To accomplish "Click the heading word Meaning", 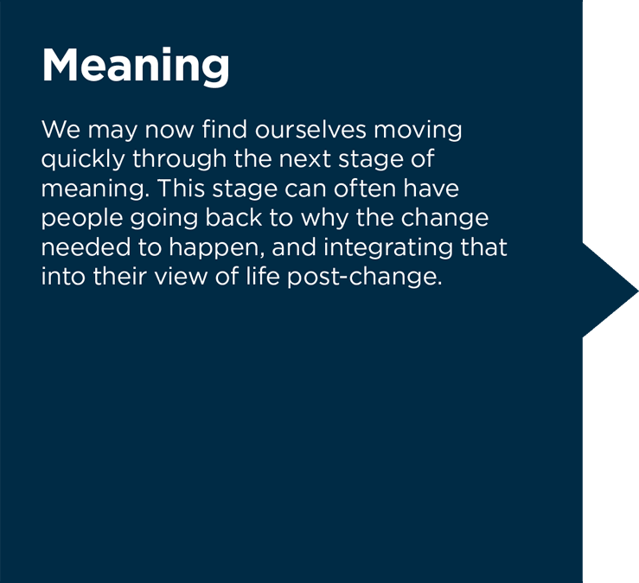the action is [136, 67].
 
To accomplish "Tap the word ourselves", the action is [310, 130].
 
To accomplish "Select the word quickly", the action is [83, 160].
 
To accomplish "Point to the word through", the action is [179, 160].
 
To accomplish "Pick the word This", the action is [181, 189].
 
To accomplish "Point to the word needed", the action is [86, 247].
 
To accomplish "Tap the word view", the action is [181, 277].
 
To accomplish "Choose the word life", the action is [263, 276].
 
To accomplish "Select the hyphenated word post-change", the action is [365, 278].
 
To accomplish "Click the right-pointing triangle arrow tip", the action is [638, 291].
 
